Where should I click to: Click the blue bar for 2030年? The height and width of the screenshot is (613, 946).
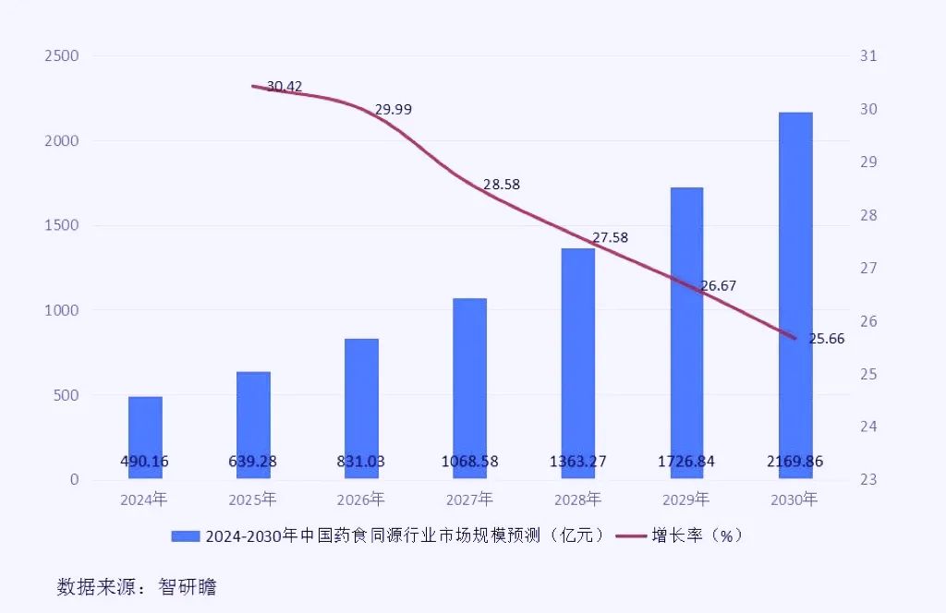(794, 295)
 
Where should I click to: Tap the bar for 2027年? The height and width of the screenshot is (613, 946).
(469, 388)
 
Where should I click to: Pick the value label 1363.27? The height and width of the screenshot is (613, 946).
(577, 462)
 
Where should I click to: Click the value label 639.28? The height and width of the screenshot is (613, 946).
(253, 462)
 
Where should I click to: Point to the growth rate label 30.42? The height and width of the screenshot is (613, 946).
(285, 87)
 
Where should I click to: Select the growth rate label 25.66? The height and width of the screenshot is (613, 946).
(827, 339)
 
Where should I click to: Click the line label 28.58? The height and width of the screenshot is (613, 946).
(502, 185)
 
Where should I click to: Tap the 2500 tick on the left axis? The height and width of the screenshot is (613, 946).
(62, 56)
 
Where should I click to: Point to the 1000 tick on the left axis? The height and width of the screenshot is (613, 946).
(62, 311)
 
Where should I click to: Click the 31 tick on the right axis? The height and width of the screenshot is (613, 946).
(867, 56)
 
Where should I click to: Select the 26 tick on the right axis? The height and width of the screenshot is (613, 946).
(867, 321)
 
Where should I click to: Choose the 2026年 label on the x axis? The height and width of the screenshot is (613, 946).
(361, 500)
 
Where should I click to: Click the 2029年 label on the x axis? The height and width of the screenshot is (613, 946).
(685, 500)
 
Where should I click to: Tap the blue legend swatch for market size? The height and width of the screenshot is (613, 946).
(185, 535)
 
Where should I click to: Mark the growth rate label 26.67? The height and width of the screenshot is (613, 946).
(718, 286)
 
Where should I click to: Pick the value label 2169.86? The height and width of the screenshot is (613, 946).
(794, 462)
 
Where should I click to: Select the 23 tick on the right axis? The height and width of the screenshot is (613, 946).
(867, 480)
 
